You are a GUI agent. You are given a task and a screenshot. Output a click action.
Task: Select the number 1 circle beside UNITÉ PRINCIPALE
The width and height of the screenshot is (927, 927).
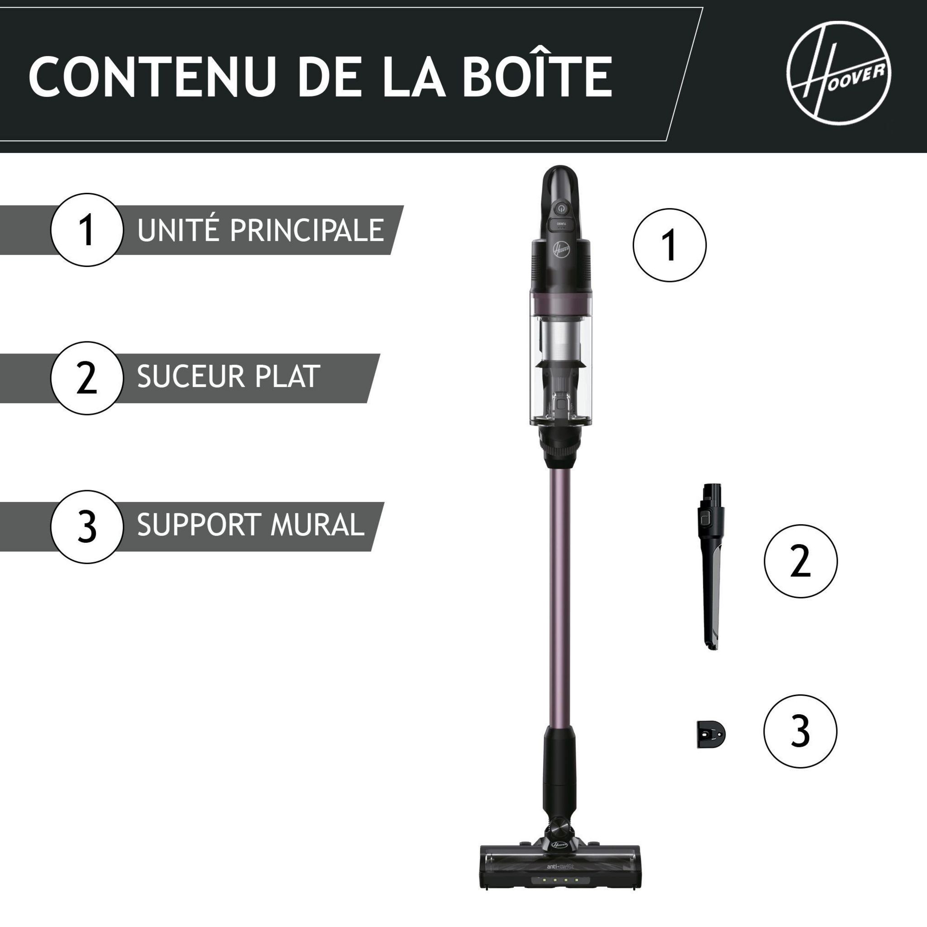pos(87,229)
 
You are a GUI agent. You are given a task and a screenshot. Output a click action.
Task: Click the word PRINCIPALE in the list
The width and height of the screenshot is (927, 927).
pos(306,230)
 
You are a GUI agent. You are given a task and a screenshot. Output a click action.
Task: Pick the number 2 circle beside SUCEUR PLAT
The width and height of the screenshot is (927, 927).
pos(87,377)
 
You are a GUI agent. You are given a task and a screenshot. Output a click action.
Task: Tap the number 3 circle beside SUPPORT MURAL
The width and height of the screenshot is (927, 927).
pos(87,526)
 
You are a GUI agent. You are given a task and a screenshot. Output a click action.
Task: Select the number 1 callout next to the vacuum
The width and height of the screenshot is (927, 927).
pos(669,245)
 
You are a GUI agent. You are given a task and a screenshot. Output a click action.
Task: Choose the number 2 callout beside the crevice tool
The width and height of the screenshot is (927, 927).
pos(800,561)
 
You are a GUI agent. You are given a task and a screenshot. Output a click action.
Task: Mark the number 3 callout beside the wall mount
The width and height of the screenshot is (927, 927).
pos(800,731)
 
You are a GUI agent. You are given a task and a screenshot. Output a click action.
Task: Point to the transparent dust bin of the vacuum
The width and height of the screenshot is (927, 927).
pos(560,365)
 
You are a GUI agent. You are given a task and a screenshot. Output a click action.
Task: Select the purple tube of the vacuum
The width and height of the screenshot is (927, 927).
pos(560,590)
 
